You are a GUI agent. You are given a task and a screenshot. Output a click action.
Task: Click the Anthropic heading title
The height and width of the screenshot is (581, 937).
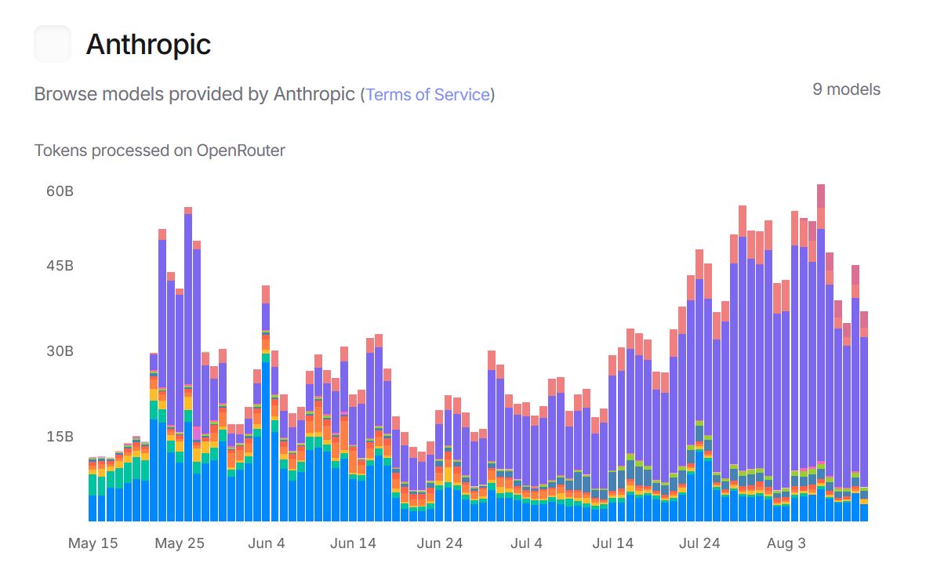pyautogui.click(x=148, y=45)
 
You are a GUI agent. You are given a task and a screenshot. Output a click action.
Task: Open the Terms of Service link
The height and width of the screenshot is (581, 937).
pyautogui.click(x=427, y=95)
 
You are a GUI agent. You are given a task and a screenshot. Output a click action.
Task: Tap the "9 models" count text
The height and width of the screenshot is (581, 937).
pyautogui.click(x=846, y=89)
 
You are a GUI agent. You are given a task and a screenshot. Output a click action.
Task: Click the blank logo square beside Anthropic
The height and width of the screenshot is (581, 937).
pyautogui.click(x=53, y=44)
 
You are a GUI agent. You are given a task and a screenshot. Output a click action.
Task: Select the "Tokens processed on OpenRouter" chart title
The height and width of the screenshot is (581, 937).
pyautogui.click(x=160, y=150)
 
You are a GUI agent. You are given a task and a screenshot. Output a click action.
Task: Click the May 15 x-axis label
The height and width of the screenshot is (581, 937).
pyautogui.click(x=93, y=543)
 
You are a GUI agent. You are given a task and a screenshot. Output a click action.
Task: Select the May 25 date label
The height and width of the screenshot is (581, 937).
pyautogui.click(x=180, y=543)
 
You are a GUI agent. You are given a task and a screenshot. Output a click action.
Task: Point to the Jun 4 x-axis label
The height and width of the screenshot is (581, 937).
pyautogui.click(x=267, y=543)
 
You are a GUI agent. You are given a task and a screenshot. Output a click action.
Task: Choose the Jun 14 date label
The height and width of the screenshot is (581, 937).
pyautogui.click(x=353, y=543)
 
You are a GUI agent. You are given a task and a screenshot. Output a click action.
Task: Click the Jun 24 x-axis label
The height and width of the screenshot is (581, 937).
pyautogui.click(x=439, y=543)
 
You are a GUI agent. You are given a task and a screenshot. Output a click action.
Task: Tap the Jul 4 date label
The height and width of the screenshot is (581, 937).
pyautogui.click(x=526, y=543)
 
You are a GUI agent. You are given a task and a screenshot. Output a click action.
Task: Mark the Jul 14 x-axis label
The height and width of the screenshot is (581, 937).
pyautogui.click(x=612, y=543)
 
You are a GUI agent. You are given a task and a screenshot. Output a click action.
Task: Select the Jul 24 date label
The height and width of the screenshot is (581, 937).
pyautogui.click(x=699, y=543)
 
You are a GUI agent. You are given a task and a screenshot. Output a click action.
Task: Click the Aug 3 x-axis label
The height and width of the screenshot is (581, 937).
pyautogui.click(x=786, y=543)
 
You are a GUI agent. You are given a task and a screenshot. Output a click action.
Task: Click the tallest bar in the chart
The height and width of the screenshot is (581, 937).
pyautogui.click(x=820, y=353)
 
